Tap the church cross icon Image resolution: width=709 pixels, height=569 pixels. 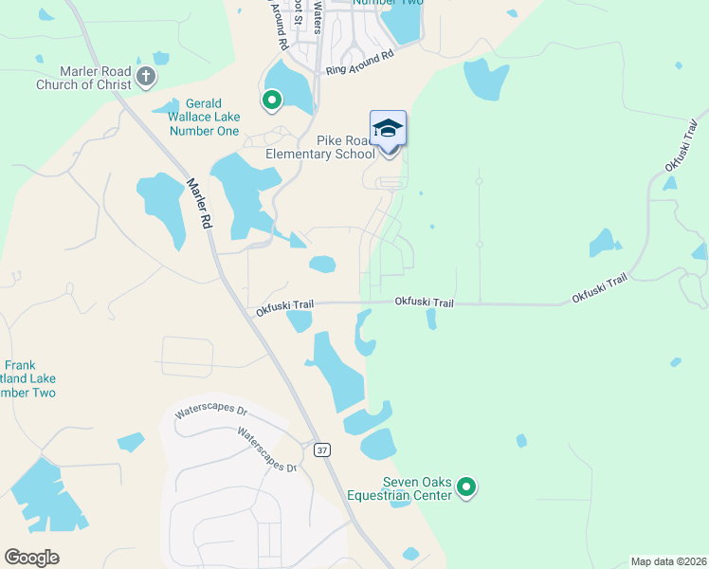[x=146, y=77]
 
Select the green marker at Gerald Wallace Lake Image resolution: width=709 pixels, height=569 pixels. [x=272, y=99]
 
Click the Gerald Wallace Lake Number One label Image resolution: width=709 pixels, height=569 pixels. [x=205, y=117]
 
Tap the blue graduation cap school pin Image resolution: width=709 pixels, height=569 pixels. [x=388, y=129]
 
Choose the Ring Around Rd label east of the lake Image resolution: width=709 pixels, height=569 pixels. [x=359, y=64]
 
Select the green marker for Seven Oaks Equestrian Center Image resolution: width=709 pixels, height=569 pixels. [x=465, y=487]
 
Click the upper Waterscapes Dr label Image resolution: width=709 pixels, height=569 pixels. [x=210, y=412]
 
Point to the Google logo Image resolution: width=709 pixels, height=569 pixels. [x=32, y=558]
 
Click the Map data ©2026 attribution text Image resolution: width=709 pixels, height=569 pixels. [x=669, y=561]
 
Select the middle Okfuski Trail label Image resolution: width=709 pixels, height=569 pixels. [x=424, y=303]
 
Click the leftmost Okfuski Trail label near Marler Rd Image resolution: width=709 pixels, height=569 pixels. [x=284, y=305]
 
